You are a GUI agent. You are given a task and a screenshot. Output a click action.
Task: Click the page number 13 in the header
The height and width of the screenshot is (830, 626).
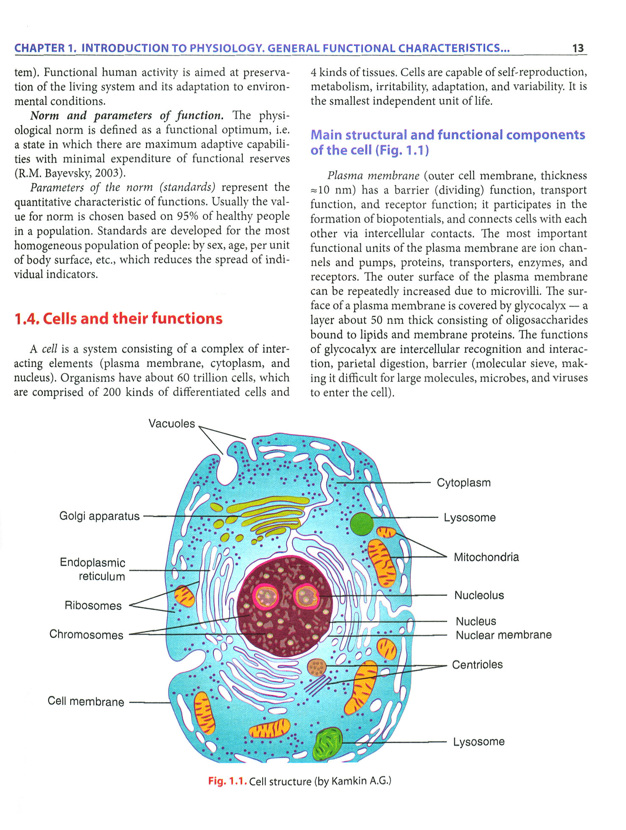click(x=578, y=48)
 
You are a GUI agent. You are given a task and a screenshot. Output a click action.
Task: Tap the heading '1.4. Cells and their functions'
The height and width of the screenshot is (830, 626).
click(x=118, y=318)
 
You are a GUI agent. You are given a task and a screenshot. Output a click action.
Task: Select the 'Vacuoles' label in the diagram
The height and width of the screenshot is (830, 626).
click(x=172, y=423)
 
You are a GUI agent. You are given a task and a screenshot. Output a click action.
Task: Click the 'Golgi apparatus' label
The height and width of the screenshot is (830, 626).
click(x=100, y=516)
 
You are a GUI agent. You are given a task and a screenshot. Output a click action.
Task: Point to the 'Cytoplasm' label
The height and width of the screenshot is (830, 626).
click(x=464, y=483)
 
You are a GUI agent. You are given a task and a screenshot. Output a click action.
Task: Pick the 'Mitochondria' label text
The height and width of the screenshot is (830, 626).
click(x=486, y=557)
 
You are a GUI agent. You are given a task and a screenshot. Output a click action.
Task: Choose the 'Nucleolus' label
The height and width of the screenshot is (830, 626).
click(x=479, y=595)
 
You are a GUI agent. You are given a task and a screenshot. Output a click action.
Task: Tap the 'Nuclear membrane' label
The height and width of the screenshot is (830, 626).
click(x=504, y=635)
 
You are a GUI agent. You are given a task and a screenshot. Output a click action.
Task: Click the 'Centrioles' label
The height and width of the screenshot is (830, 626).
click(x=477, y=664)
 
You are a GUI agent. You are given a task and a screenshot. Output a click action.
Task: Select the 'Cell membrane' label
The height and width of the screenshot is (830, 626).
click(x=86, y=701)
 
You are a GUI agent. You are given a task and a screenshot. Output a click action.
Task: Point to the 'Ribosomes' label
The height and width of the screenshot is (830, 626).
click(x=93, y=606)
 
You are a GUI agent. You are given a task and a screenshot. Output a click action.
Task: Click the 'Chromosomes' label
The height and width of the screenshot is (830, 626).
click(x=86, y=634)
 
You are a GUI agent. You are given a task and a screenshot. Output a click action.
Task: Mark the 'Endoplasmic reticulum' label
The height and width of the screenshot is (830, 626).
click(x=93, y=569)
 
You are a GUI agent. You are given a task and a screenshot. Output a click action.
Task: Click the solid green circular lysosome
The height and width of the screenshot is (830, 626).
click(x=362, y=524)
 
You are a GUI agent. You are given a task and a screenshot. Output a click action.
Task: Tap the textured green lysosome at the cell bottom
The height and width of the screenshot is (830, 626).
click(x=327, y=744)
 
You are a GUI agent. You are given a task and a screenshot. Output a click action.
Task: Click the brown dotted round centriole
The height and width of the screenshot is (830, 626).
click(x=317, y=667)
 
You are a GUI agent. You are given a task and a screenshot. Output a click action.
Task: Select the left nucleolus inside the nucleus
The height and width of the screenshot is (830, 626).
click(x=266, y=596)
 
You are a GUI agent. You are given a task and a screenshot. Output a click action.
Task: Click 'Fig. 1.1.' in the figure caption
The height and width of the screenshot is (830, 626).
click(x=227, y=781)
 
